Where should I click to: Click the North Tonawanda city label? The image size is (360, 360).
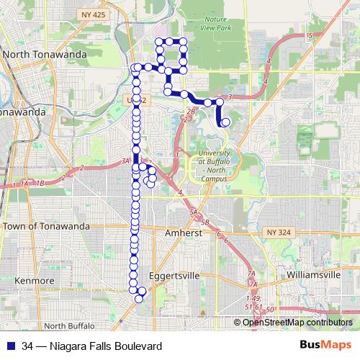tap(45, 54)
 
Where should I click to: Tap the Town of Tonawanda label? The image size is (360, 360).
tap(46, 226)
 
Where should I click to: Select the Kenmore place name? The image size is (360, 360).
tap(29, 280)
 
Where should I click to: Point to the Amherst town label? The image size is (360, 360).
tap(186, 234)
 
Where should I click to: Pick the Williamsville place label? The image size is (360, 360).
tap(312, 275)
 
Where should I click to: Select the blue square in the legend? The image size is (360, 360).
tap(9, 346)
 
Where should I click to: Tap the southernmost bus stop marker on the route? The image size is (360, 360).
tap(139, 298)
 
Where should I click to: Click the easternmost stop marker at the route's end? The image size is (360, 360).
tap(225, 122)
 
